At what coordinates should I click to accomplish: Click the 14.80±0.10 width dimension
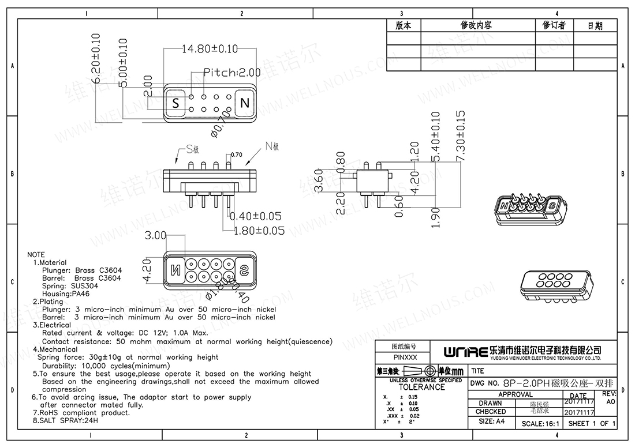pos(210,50)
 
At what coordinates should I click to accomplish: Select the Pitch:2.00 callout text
pos(233,73)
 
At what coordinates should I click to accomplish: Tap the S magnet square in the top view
pos(175,103)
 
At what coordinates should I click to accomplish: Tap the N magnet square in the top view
pos(245,103)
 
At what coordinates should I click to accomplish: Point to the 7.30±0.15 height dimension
pos(460,136)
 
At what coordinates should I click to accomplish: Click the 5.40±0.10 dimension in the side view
pos(436,137)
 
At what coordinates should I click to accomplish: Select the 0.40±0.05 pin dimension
pos(256,217)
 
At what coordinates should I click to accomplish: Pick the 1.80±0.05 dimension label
pos(259,231)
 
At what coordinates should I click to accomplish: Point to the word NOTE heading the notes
pos(36,254)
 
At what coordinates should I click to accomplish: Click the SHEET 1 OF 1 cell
pos(592,424)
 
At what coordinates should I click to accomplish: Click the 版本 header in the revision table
pos(404,26)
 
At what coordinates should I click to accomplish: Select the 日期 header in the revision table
pos(595,26)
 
